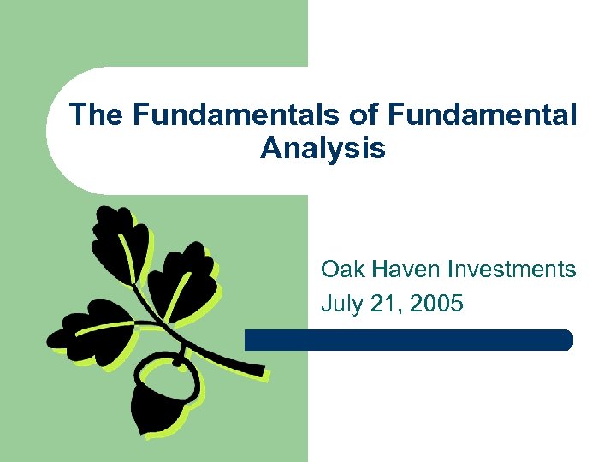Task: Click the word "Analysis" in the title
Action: coord(323,149)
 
